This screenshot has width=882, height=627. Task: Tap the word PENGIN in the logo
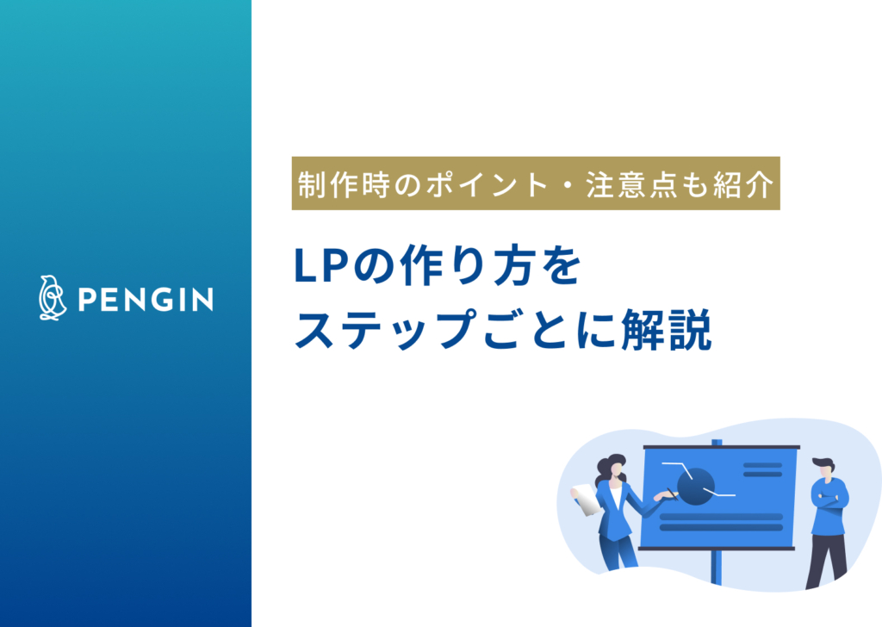146,300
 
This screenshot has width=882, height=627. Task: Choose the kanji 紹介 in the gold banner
745,184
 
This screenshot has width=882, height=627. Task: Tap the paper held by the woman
586,499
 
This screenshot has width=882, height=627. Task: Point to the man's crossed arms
828,500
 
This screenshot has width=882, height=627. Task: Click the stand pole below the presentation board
715,568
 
